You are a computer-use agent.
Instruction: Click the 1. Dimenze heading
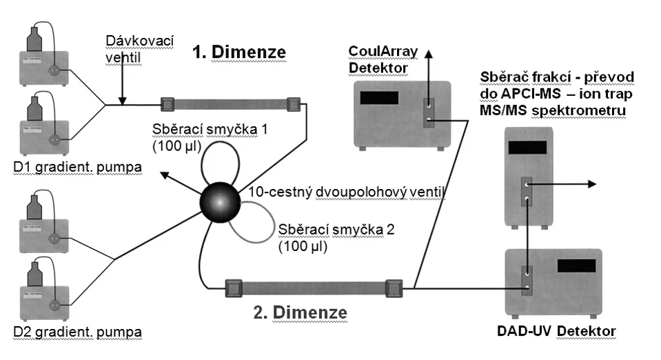tap(240, 52)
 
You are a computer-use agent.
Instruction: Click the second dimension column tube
tap(312, 287)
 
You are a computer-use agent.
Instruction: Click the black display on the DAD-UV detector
tap(576, 266)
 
